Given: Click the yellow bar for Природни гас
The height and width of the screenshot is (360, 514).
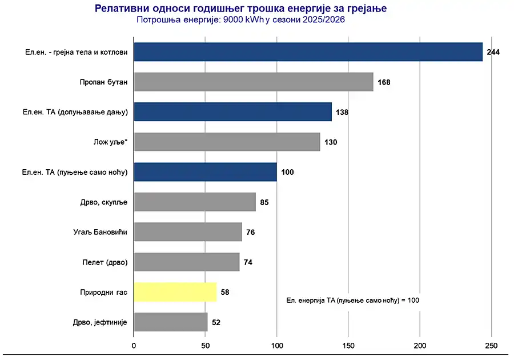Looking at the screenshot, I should pyautogui.click(x=175, y=292).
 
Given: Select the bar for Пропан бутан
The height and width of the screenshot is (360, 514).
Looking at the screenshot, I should pyautogui.click(x=253, y=82).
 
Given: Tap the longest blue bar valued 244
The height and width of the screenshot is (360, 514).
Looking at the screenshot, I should pyautogui.click(x=308, y=52).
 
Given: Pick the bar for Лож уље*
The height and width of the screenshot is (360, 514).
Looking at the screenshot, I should pyautogui.click(x=227, y=142).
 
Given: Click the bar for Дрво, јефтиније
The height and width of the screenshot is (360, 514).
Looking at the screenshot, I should pyautogui.click(x=170, y=322).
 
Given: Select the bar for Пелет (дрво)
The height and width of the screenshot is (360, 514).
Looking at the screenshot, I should pyautogui.click(x=186, y=262).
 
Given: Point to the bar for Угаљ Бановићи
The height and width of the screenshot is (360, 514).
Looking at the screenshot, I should pyautogui.click(x=187, y=232).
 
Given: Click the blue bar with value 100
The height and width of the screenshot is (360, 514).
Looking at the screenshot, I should pyautogui.click(x=205, y=172).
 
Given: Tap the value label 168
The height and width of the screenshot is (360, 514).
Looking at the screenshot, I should pyautogui.click(x=384, y=82).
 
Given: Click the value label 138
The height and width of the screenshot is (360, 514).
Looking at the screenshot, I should pyautogui.click(x=342, y=112).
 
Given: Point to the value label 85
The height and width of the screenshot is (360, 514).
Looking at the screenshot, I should pyautogui.click(x=264, y=202).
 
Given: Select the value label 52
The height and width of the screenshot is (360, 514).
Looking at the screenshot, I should pyautogui.click(x=216, y=322).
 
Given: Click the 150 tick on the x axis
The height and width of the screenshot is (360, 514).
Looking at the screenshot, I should pyautogui.click(x=348, y=345).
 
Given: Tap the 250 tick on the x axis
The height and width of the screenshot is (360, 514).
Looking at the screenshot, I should pyautogui.click(x=491, y=345).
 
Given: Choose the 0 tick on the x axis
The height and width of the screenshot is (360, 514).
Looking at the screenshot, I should pyautogui.click(x=134, y=345).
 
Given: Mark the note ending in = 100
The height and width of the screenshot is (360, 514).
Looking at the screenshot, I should pyautogui.click(x=352, y=299).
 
